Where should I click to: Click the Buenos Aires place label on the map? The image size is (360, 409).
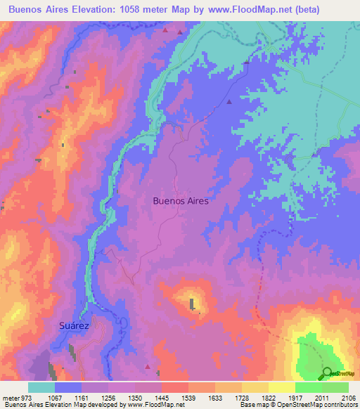coord(181,200)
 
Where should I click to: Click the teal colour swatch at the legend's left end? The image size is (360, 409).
coord(41,387)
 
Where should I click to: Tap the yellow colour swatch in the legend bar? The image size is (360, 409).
coord(281,387)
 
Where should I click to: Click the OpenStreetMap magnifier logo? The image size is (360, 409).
coord(327,373)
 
